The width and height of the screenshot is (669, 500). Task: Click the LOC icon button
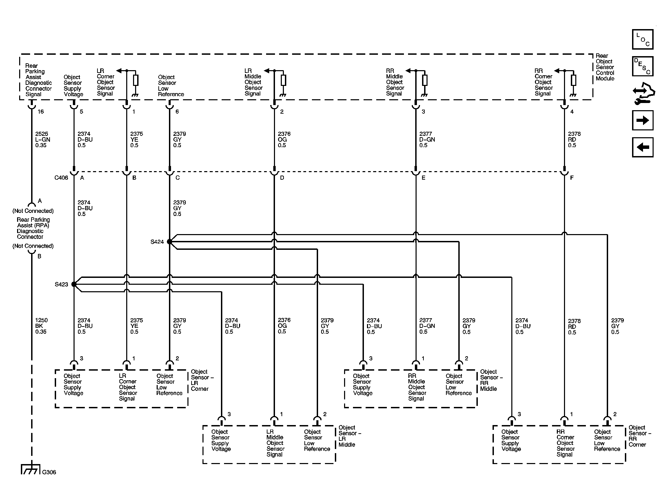click(x=642, y=39)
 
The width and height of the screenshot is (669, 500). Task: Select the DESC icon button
click(x=642, y=66)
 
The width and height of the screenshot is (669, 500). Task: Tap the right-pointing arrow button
click(x=642, y=120)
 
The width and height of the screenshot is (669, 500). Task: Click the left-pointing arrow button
click(x=642, y=147)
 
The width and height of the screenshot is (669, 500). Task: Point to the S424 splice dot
click(x=169, y=242)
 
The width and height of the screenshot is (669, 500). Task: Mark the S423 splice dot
click(x=74, y=284)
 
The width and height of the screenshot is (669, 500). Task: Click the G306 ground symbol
click(x=31, y=469)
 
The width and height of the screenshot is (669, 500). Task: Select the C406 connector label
click(x=61, y=178)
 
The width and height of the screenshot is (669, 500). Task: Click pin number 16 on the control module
click(x=41, y=112)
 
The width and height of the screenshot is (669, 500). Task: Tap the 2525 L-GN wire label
click(x=41, y=140)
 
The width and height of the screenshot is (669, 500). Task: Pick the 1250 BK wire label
click(x=41, y=326)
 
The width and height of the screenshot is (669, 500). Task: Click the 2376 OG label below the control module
click(x=284, y=140)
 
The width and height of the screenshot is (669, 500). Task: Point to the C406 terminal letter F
click(x=572, y=178)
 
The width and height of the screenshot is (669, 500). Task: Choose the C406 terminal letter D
click(x=282, y=178)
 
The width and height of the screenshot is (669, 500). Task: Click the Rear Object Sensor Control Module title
click(x=605, y=67)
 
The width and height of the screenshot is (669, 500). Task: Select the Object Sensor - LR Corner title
click(x=202, y=380)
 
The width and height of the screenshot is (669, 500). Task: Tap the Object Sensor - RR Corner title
click(x=640, y=436)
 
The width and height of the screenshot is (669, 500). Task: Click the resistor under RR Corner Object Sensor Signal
click(x=574, y=80)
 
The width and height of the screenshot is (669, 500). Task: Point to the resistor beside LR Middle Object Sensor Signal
click(x=283, y=80)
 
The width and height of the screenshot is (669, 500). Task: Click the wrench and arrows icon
click(x=643, y=93)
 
